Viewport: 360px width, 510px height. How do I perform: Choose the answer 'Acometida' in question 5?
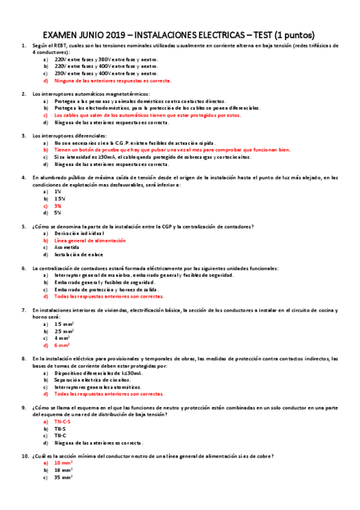tap(68, 247)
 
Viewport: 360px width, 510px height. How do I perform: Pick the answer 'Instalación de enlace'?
tap(79, 254)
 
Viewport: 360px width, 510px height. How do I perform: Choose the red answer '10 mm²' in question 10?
tap(64, 463)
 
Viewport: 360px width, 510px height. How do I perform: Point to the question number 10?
tap(25, 456)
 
